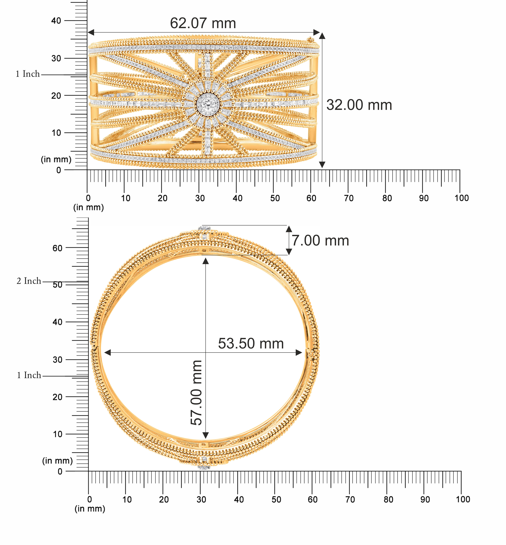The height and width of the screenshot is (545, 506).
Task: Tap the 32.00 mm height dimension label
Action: pos(359,105)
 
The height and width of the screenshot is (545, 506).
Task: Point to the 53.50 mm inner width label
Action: pos(251,344)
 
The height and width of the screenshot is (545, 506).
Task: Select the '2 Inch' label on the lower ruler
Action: pos(29,281)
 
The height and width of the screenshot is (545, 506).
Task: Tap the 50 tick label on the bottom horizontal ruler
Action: pos(276,500)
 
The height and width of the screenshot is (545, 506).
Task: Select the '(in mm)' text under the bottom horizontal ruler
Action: pos(90,509)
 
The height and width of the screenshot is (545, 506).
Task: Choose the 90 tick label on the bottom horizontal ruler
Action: pos(425,500)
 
